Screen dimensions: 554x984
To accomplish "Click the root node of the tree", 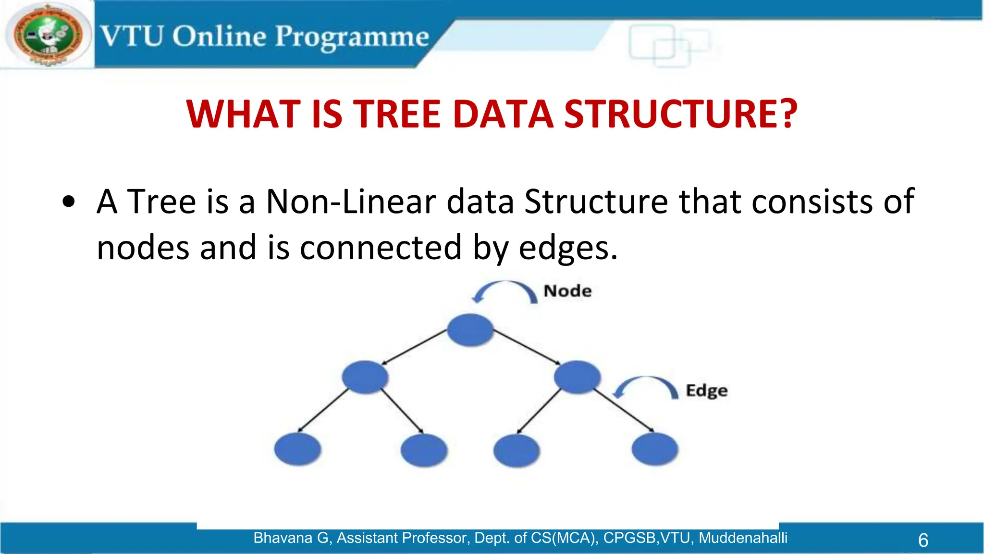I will pyautogui.click(x=470, y=330).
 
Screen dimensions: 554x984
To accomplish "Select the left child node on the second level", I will pyautogui.click(x=365, y=377).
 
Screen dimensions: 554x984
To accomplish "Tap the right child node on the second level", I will pyautogui.click(x=577, y=377).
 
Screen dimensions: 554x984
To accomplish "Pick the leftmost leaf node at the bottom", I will pyautogui.click(x=297, y=449).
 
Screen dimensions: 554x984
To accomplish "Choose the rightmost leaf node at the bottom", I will pyautogui.click(x=655, y=449).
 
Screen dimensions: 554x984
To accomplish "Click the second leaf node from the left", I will pyautogui.click(x=424, y=450).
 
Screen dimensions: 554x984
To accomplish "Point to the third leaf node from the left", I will pyautogui.click(x=517, y=451).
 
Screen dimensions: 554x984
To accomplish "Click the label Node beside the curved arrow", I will pyautogui.click(x=567, y=291).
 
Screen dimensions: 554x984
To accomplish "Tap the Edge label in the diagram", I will pyautogui.click(x=706, y=390).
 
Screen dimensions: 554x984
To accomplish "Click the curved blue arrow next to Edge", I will pyautogui.click(x=646, y=386).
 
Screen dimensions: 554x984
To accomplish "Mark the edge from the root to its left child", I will pyautogui.click(x=415, y=347).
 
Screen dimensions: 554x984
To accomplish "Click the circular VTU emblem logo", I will pyautogui.click(x=48, y=35).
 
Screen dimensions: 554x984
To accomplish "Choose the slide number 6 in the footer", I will pyautogui.click(x=923, y=540).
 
